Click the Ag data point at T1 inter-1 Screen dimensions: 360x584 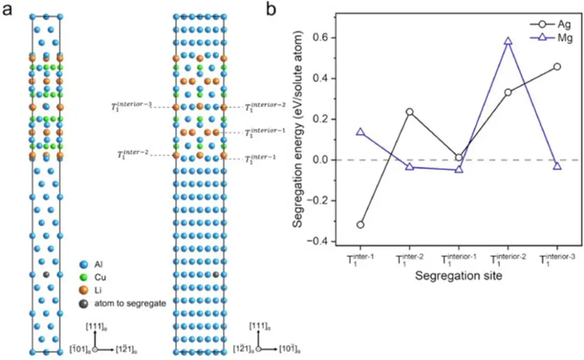pyautogui.click(x=360, y=225)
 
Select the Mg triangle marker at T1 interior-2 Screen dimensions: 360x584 pyautogui.click(x=508, y=41)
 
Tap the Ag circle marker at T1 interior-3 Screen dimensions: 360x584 pyautogui.click(x=557, y=66)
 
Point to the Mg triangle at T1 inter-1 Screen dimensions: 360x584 pyautogui.click(x=360, y=131)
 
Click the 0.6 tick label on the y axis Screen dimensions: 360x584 pyautogui.click(x=323, y=38)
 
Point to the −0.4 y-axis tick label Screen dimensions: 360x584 pyautogui.click(x=320, y=242)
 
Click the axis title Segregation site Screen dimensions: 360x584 pyautogui.click(x=458, y=276)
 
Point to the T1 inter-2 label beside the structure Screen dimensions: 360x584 pyautogui.click(x=132, y=155)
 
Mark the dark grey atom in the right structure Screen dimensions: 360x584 pyautogui.click(x=216, y=275)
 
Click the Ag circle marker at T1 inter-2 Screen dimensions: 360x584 pyautogui.click(x=409, y=112)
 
